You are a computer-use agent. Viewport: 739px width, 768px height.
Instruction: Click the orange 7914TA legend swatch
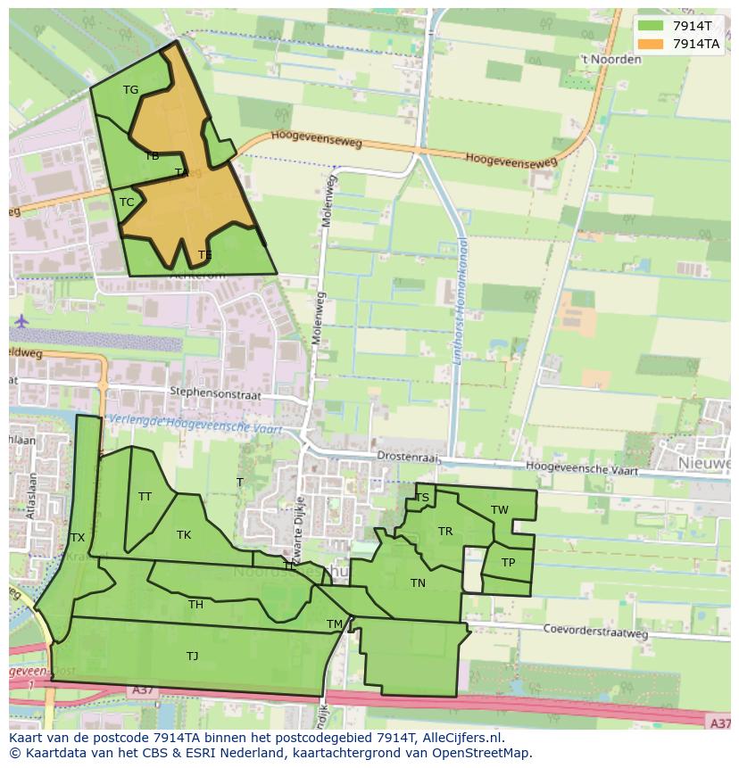coord(652,43)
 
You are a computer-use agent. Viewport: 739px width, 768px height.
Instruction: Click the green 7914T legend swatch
coord(652,25)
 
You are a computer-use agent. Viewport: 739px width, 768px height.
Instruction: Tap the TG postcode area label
coord(130,89)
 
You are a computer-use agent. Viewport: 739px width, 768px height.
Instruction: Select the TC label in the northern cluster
coord(127,202)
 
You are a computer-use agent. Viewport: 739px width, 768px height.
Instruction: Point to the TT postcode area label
coord(145,496)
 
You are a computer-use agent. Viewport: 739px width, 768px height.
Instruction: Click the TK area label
coord(184,535)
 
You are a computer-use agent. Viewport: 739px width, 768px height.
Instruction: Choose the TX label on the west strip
coord(78,537)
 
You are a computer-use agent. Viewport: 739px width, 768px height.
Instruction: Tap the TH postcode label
coord(195,605)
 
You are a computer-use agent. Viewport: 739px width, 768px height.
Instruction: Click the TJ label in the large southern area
coord(192,656)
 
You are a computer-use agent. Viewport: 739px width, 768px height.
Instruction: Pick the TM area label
coord(335,623)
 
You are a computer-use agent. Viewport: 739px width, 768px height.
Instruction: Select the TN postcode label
coord(418,582)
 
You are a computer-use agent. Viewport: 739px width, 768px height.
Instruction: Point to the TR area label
coord(445,532)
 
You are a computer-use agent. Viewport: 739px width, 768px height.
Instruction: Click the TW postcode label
coord(500,510)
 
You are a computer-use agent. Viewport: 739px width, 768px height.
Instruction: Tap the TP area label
coord(508,563)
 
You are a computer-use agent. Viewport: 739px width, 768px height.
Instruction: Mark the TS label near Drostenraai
coord(422,498)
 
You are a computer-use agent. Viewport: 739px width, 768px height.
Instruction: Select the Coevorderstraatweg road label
coord(595,631)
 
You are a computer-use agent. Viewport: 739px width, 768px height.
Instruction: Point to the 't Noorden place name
coord(610,60)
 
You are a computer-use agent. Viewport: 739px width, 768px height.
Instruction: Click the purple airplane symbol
coord(21,320)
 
